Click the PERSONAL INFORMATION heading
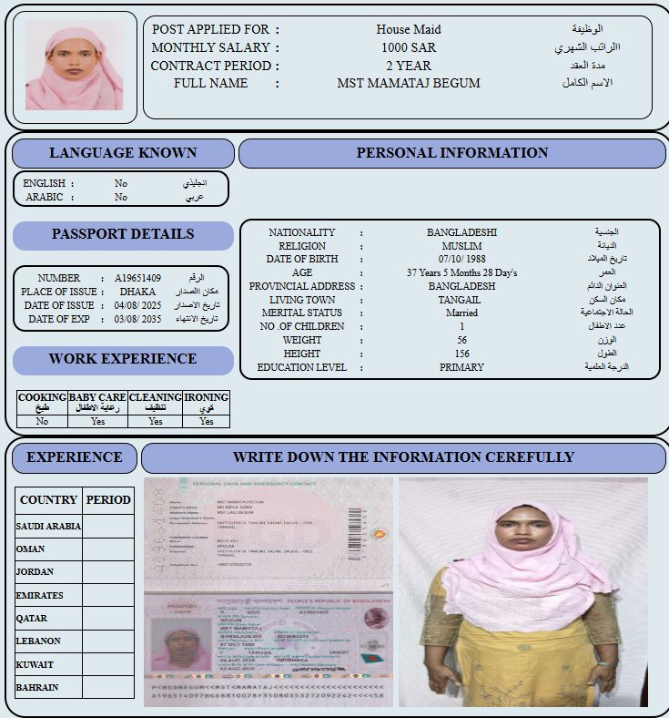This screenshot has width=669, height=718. (x=451, y=153)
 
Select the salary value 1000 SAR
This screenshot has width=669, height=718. (x=408, y=47)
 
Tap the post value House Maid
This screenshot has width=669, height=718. (x=408, y=29)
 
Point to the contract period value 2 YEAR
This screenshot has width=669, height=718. (x=408, y=66)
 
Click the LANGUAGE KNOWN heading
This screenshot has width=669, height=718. (x=123, y=153)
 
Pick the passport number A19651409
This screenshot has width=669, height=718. (x=137, y=278)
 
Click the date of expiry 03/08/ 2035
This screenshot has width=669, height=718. (x=137, y=320)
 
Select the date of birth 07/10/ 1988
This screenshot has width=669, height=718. (x=461, y=260)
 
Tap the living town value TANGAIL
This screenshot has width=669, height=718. (x=461, y=300)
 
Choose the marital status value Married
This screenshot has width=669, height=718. (x=461, y=313)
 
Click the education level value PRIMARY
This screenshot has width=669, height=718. (x=461, y=368)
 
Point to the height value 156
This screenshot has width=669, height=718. (x=461, y=354)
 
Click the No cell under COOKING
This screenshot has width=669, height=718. (x=42, y=422)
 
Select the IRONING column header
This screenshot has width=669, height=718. (x=207, y=403)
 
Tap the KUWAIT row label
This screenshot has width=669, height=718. (x=35, y=664)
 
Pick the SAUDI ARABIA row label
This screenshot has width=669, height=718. (x=48, y=526)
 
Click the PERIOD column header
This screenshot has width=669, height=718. (x=108, y=500)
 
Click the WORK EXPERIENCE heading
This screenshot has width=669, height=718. (x=123, y=359)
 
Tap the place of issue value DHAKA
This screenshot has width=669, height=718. (x=137, y=292)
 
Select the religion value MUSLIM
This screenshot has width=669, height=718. (x=461, y=246)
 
